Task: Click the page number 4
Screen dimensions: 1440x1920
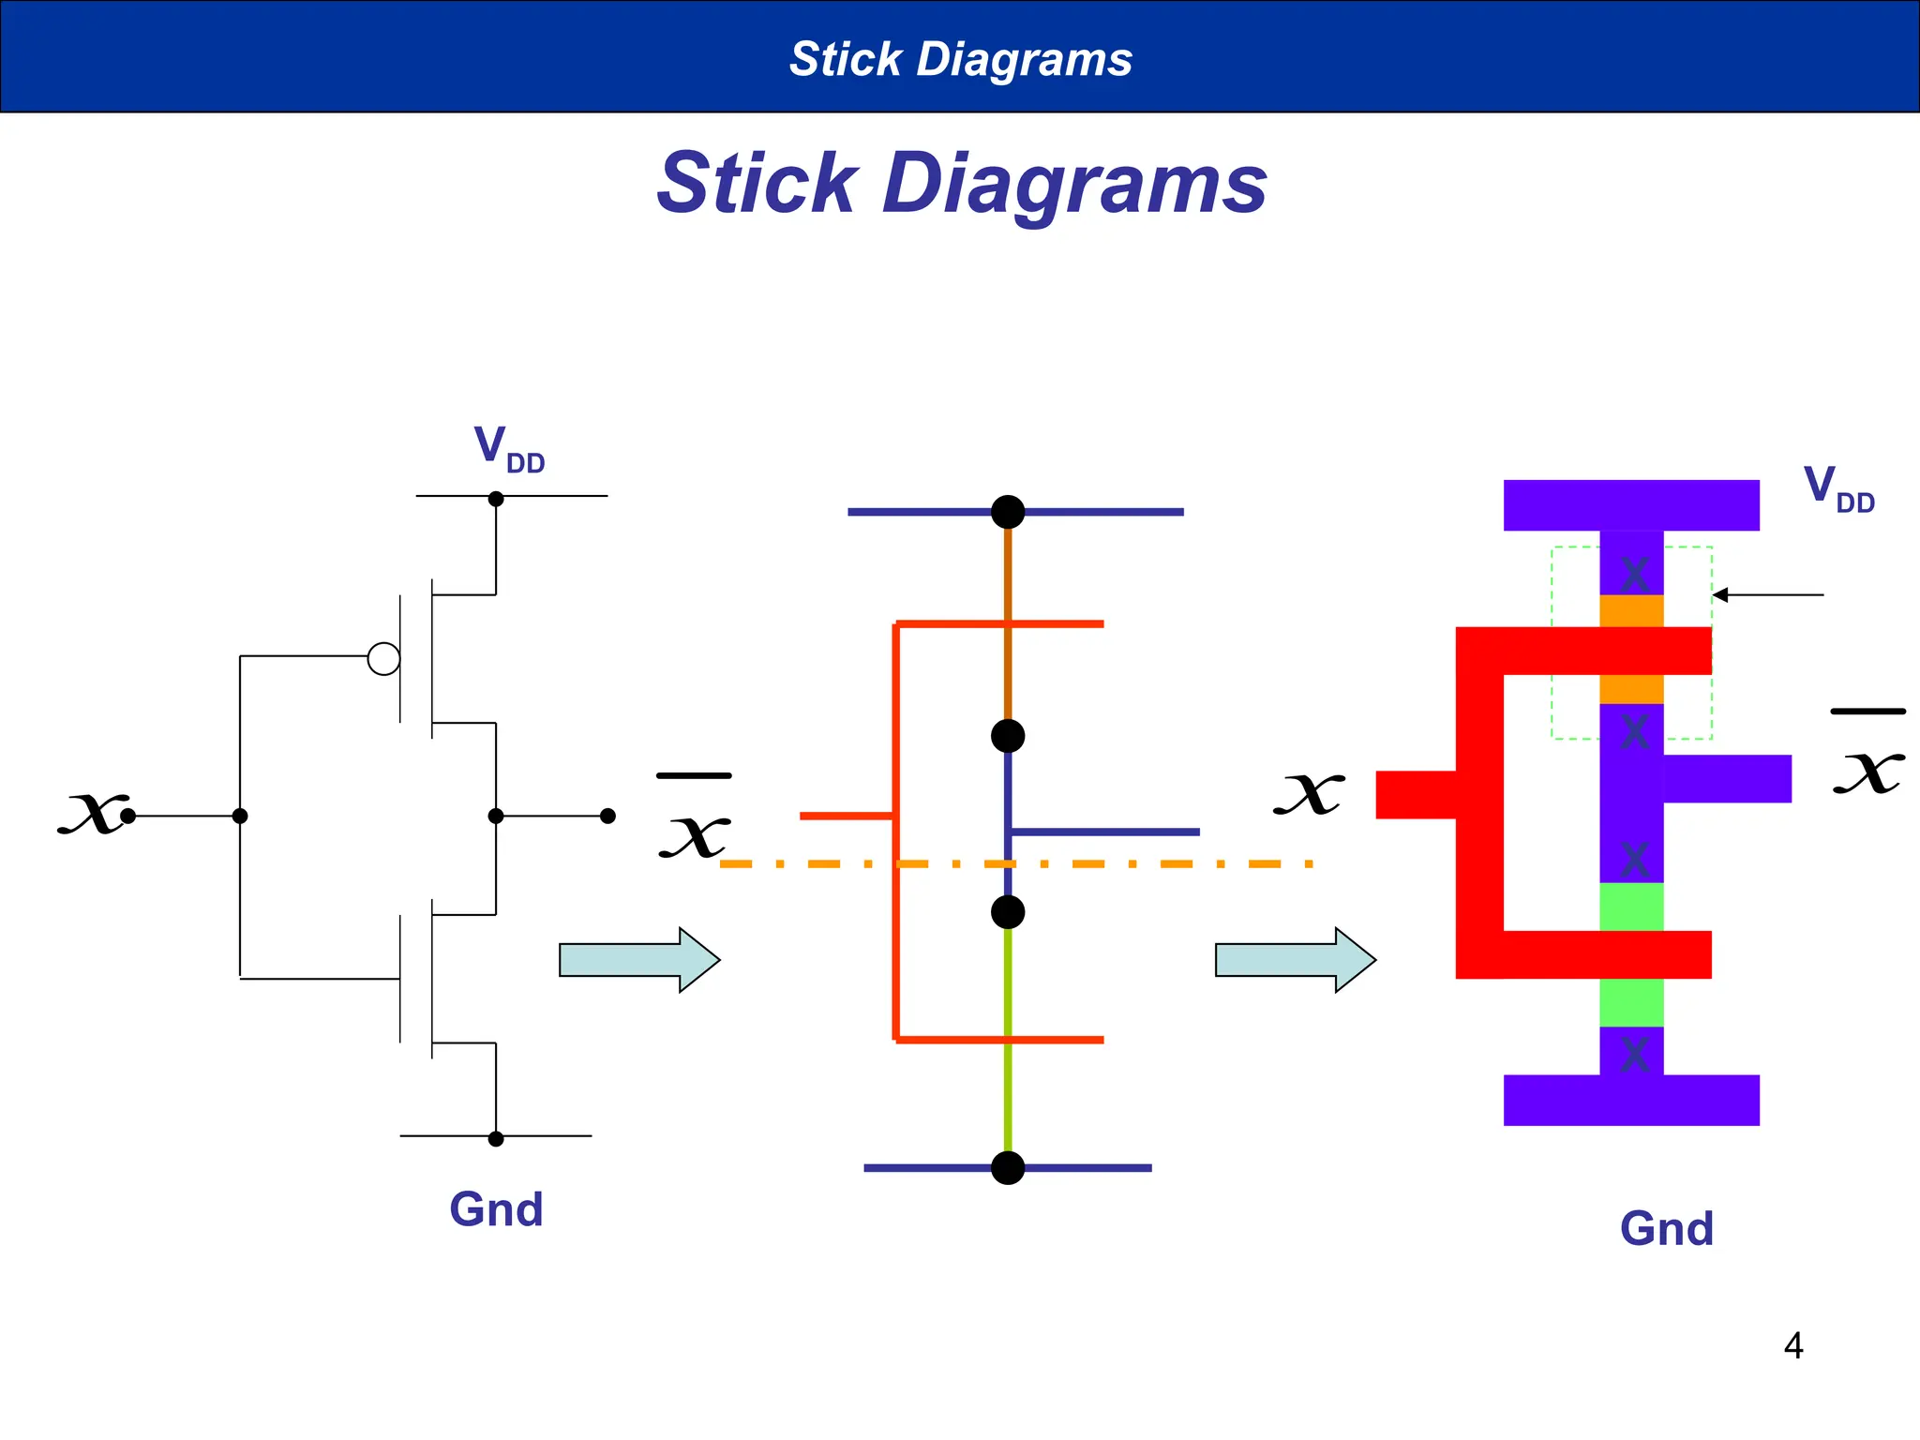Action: (1792, 1346)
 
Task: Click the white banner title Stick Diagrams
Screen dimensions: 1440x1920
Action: (960, 59)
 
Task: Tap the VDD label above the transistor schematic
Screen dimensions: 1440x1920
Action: (508, 448)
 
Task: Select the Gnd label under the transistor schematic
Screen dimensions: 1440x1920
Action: (496, 1209)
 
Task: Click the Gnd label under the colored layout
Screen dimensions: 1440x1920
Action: (1666, 1229)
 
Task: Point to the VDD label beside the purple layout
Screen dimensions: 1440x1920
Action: (1837, 488)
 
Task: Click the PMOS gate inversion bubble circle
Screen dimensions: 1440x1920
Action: (383, 659)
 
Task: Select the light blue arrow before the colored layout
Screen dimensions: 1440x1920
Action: (1295, 960)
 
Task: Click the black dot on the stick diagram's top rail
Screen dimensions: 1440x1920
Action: (1008, 512)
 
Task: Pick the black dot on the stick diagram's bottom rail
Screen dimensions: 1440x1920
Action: (1008, 1168)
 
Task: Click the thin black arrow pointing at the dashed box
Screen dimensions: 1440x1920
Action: (1767, 594)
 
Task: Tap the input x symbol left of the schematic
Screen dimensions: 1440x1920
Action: (92, 812)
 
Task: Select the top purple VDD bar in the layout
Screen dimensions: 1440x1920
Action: (1631, 505)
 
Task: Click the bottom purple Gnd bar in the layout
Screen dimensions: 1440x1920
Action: (1631, 1100)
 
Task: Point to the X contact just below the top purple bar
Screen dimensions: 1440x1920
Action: (1634, 574)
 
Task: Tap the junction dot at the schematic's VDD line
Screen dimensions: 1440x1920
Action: (496, 499)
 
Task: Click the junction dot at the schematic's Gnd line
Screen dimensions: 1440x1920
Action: (496, 1139)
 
